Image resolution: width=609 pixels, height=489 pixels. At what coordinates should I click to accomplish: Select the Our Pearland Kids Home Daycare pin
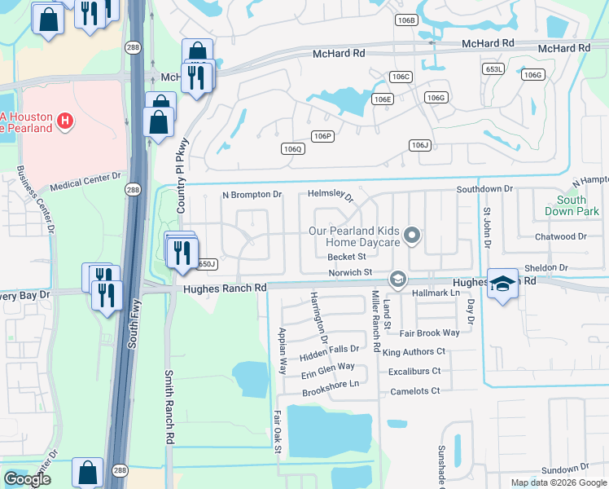412,236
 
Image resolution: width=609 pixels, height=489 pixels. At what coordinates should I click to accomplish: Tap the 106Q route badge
292,148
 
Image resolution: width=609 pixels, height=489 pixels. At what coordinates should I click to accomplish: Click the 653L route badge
493,70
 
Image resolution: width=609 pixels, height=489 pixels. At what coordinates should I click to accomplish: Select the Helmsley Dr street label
331,196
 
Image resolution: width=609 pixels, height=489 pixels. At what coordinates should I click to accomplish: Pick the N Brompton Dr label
252,195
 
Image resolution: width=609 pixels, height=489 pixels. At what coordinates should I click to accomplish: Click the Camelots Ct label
414,391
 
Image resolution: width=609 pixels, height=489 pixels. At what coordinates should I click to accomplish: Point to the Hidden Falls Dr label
329,350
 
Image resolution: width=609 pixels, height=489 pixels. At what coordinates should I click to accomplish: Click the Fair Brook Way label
429,333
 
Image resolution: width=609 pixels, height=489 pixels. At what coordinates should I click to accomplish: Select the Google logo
27,479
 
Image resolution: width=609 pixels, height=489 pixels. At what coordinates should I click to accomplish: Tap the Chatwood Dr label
561,237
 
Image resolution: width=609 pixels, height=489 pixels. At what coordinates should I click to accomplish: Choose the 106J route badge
419,145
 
